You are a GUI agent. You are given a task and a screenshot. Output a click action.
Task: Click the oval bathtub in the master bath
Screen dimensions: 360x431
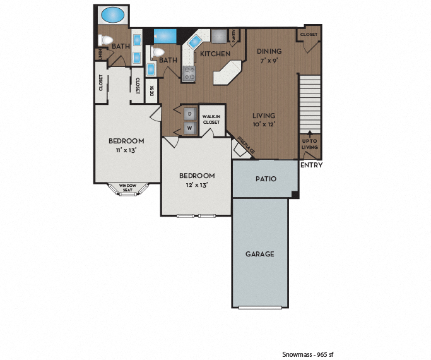[113, 14]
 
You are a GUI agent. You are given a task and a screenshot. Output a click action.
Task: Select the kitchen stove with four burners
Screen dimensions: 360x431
[189, 74]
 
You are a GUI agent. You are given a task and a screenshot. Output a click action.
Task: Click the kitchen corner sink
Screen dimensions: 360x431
[193, 42]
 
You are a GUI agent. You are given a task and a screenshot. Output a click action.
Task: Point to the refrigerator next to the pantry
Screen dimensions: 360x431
[218, 35]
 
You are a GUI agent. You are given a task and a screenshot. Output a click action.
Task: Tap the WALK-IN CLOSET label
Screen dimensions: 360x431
[211, 119]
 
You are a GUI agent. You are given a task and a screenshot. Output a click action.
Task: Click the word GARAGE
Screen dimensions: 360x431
[259, 254]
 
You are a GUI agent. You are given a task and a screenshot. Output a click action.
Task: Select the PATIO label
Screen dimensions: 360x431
[266, 179]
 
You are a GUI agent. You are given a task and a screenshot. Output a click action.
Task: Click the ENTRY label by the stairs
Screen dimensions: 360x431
[311, 165]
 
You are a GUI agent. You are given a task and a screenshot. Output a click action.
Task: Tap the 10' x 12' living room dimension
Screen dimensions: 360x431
[265, 124]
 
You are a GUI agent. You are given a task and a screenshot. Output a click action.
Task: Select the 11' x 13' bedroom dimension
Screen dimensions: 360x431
[126, 150]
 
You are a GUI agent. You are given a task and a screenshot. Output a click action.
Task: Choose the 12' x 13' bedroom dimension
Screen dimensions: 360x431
[197, 185]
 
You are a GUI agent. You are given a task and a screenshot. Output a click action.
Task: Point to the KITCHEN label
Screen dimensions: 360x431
[215, 54]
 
